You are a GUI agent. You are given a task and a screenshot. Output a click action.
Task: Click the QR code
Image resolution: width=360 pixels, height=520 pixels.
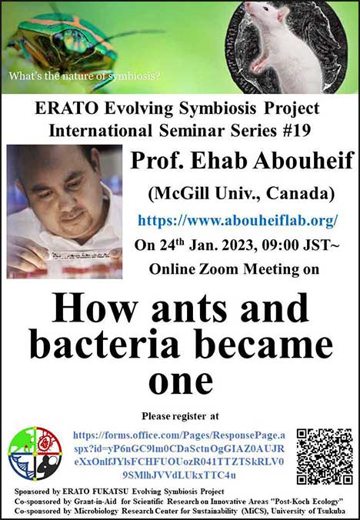coord(325,456)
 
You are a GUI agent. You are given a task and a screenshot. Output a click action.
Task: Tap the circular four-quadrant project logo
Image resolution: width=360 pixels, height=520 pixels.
coord(35,453)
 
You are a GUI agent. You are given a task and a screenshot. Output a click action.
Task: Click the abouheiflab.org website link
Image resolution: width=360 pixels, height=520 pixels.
coord(238,220)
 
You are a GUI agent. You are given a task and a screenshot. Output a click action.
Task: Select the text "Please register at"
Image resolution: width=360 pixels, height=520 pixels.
coord(180,416)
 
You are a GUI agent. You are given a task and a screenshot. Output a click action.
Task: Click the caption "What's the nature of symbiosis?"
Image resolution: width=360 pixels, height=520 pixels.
coord(85,76)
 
